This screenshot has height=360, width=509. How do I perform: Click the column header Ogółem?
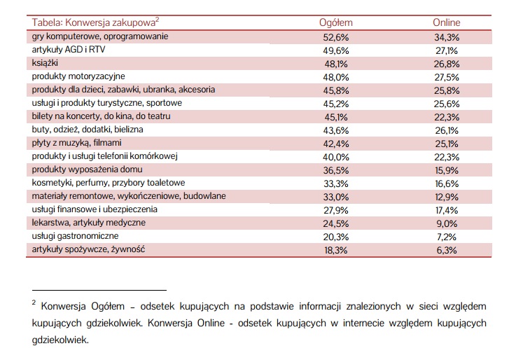(x=335, y=23)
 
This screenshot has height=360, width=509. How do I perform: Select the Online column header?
(x=446, y=23)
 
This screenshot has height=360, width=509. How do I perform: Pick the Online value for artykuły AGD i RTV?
(x=446, y=50)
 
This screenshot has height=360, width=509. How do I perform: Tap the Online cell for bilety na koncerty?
(x=446, y=116)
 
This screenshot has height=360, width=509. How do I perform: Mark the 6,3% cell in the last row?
(x=446, y=249)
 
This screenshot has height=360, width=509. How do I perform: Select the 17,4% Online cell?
(x=446, y=209)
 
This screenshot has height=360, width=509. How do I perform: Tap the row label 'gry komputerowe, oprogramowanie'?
(x=99, y=36)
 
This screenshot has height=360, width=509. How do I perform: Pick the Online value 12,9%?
(x=446, y=196)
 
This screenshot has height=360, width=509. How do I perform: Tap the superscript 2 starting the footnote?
(x=34, y=303)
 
